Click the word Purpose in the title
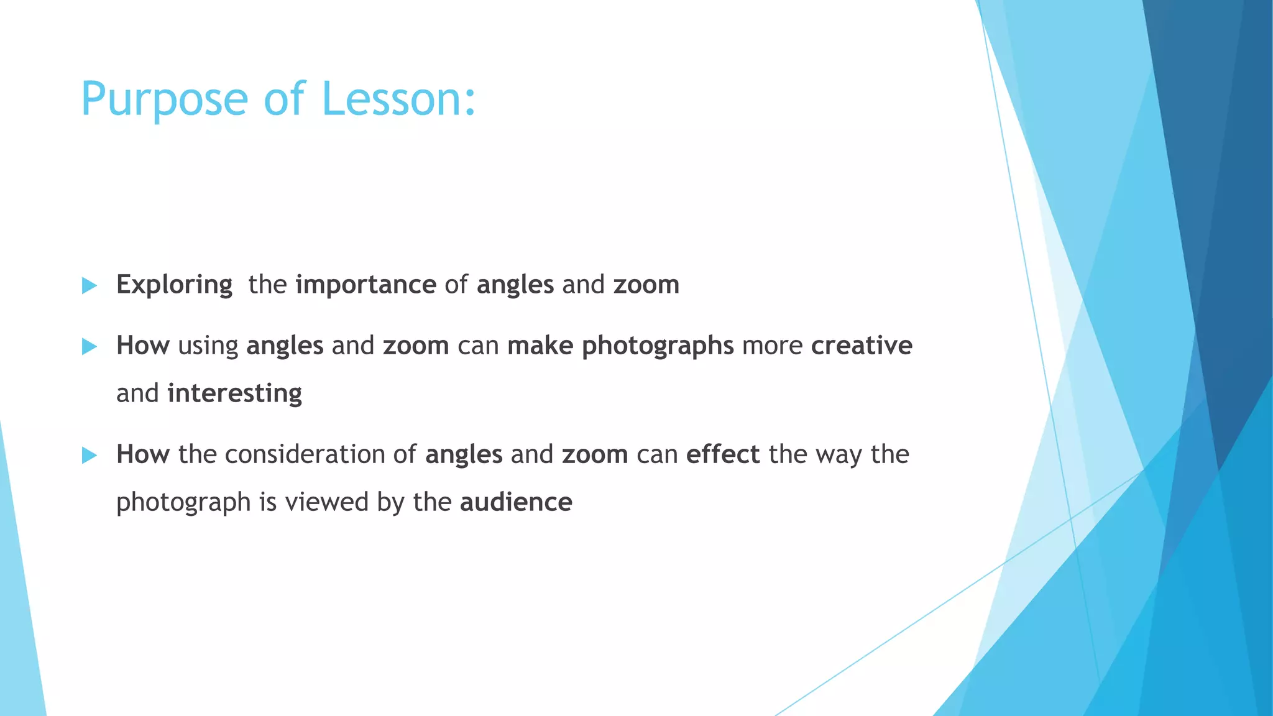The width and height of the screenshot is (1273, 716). (x=165, y=99)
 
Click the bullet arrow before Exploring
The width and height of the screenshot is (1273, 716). (x=90, y=286)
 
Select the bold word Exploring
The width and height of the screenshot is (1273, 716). (x=174, y=285)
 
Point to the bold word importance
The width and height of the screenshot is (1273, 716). (x=365, y=285)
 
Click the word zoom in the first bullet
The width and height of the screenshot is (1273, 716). (x=646, y=285)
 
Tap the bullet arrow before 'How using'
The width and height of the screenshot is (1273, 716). (x=90, y=346)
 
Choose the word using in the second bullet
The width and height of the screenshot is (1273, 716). (x=208, y=346)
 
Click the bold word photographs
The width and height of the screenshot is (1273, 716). (x=658, y=346)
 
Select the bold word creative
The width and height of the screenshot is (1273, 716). (x=861, y=346)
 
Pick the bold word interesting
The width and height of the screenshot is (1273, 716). (x=234, y=393)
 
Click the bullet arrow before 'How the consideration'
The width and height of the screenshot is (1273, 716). (x=90, y=456)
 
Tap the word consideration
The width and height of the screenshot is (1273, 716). (x=305, y=454)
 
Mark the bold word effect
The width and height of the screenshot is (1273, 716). (x=723, y=454)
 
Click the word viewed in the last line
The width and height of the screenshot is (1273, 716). (x=326, y=502)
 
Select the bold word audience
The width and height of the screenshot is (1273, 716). (x=516, y=502)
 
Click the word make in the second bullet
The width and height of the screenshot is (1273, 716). (x=540, y=346)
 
